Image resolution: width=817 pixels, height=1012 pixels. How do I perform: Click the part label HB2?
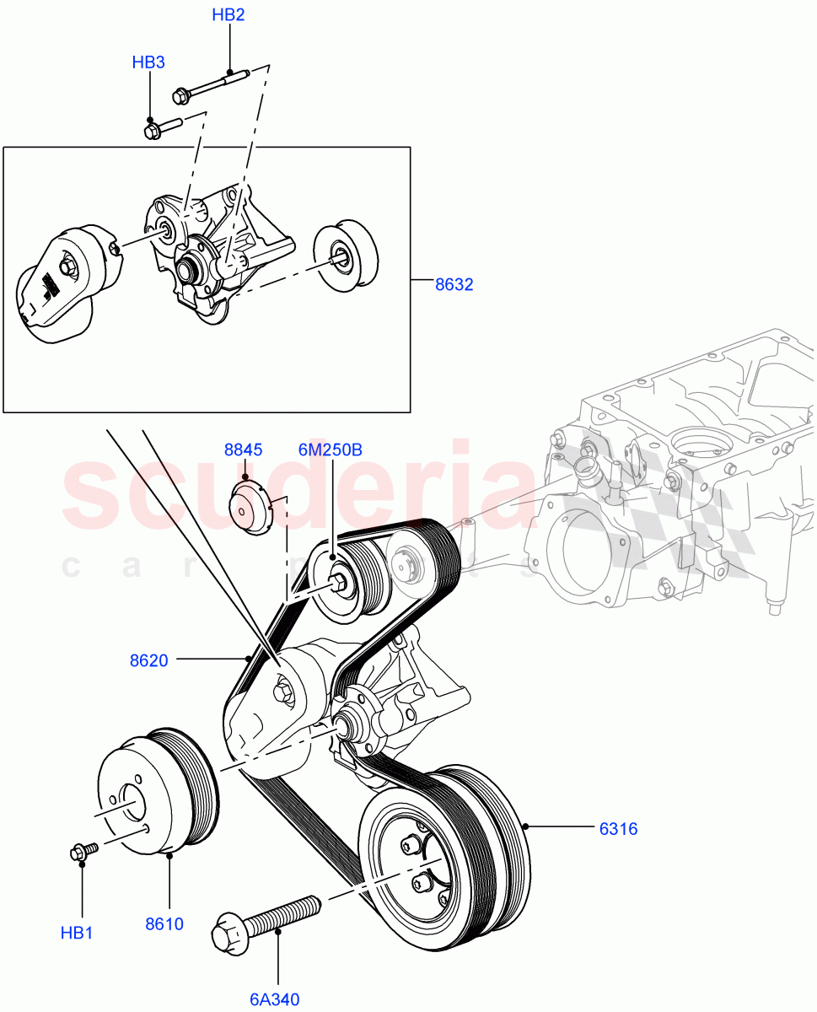228,15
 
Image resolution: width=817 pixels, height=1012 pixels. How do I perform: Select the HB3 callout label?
148,62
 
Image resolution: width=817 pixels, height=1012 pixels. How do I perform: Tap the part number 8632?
454,284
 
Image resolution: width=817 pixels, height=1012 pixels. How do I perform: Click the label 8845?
243,449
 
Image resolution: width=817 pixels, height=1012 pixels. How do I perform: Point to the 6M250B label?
330,449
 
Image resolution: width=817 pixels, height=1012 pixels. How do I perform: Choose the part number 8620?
148,660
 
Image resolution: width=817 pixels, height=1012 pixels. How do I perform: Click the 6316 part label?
618,829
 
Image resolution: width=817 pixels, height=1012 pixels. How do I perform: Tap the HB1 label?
77,933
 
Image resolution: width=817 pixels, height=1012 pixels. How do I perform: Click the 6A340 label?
275,999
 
